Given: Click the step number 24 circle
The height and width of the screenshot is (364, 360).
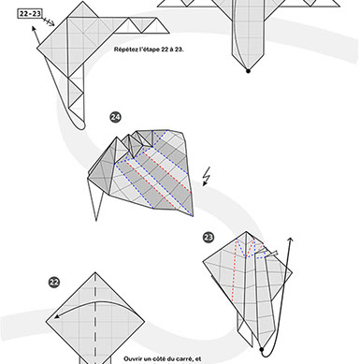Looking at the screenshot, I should click(x=115, y=117).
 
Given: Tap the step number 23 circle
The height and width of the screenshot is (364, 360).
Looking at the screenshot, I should click(x=209, y=237).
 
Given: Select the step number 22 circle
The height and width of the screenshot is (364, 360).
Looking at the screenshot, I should click(x=54, y=281).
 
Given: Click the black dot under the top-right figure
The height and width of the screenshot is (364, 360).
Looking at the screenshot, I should click(x=248, y=70).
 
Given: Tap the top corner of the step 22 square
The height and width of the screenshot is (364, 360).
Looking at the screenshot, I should click(x=94, y=272).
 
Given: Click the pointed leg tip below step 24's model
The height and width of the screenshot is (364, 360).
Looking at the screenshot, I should click(x=94, y=220).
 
